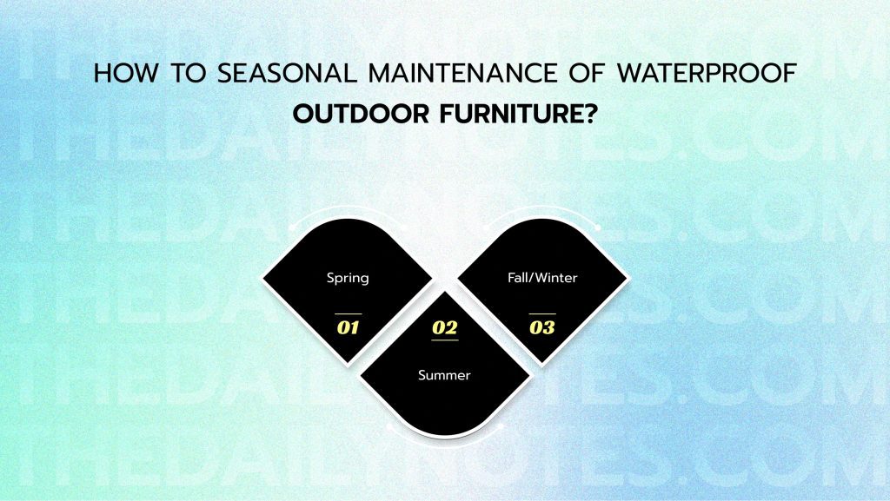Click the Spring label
pyautogui.click(x=348, y=278)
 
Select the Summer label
pyautogui.click(x=444, y=375)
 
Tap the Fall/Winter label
pyautogui.click(x=542, y=278)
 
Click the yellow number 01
pyautogui.click(x=348, y=328)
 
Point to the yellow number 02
pyautogui.click(x=444, y=327)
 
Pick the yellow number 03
pyautogui.click(x=542, y=328)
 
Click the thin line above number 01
pyautogui.click(x=348, y=313)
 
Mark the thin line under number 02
pyautogui.click(x=444, y=340)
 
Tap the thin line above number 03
pyautogui.click(x=542, y=313)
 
